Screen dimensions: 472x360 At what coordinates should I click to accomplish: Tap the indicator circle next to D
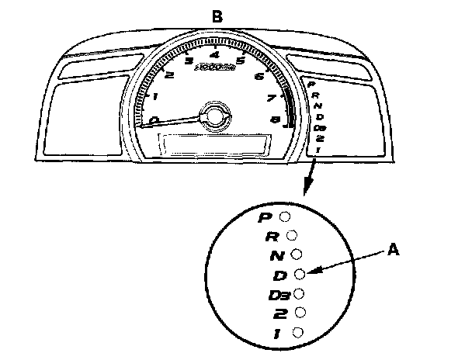[301, 273]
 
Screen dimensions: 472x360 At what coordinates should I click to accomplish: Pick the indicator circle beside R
[292, 234]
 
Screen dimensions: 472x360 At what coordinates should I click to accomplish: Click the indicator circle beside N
[297, 254]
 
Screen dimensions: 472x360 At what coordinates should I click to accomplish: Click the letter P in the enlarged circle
[264, 218]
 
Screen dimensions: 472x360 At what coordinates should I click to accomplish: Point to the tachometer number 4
[214, 54]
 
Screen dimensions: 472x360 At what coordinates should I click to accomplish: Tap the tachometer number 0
[154, 120]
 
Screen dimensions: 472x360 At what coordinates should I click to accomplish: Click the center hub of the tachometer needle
[213, 115]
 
